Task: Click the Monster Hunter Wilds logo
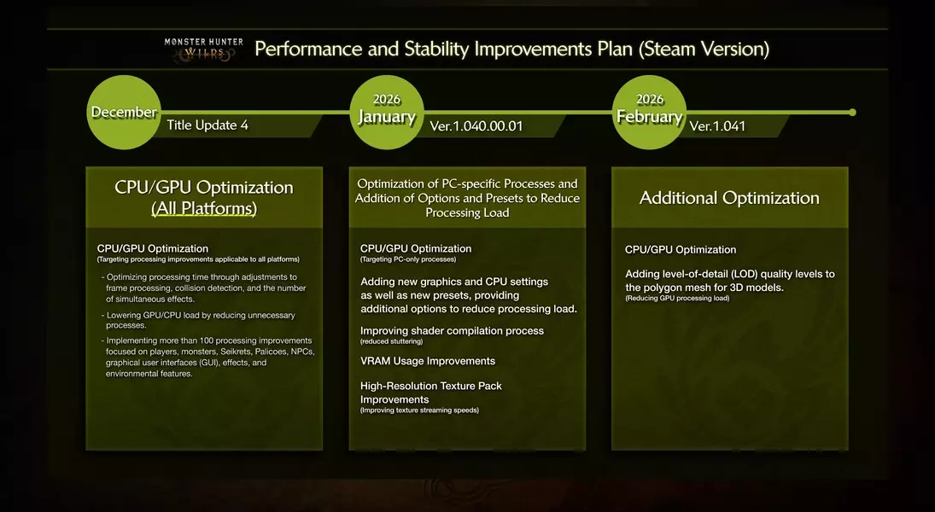point(203,48)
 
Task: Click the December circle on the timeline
point(124,112)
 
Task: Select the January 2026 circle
point(387,112)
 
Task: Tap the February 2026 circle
point(649,112)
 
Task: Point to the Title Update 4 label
point(207,125)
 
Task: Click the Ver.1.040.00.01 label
point(476,126)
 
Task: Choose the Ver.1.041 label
point(717,126)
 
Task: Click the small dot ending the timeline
point(851,112)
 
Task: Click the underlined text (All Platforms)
point(204,208)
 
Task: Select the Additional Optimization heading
point(729,198)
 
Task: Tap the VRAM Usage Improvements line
point(428,361)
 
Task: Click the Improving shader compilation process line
point(452,330)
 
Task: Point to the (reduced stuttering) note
point(392,341)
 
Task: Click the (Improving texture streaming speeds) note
point(419,410)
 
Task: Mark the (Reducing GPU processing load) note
point(677,299)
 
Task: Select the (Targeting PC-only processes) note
point(408,259)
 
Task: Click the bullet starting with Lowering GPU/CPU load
point(201,320)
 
